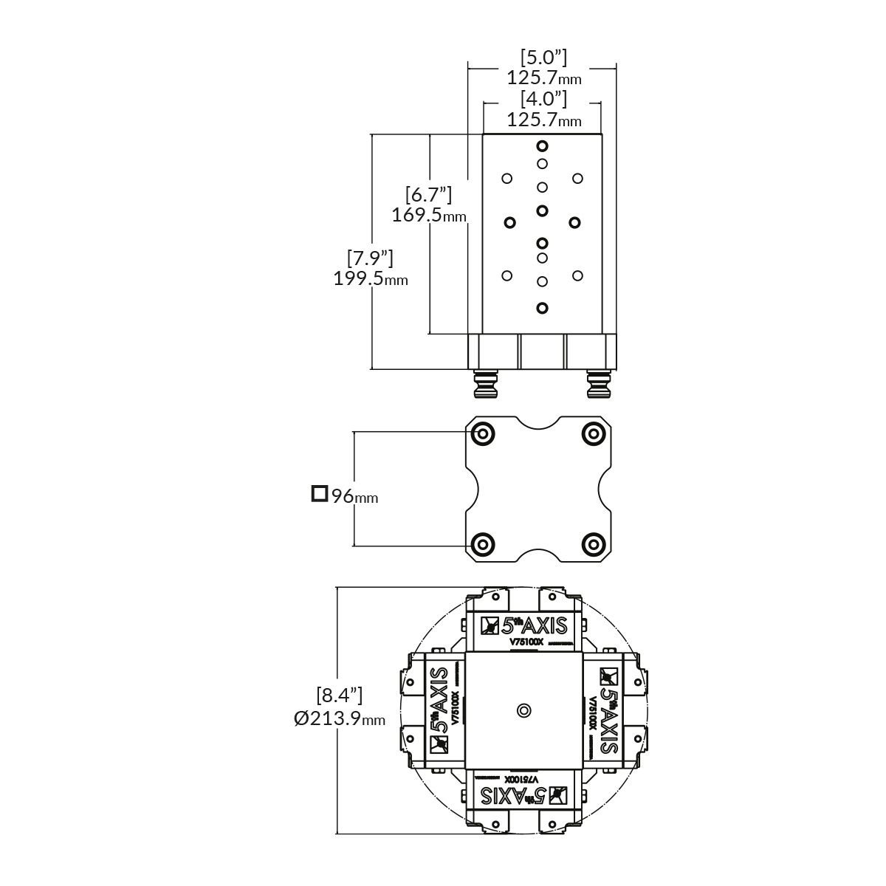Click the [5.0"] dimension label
(543, 57)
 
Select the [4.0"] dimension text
(543, 99)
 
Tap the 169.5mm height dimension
(429, 216)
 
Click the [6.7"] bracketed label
(428, 195)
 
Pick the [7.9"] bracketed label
(370, 258)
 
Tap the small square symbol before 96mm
(319, 493)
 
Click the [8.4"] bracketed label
(340, 695)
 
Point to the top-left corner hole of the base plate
(482, 433)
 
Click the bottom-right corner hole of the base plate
(593, 544)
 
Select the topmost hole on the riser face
(543, 145)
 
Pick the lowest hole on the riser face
(543, 308)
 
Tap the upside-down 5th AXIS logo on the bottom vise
(524, 795)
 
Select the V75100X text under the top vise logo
(526, 642)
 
